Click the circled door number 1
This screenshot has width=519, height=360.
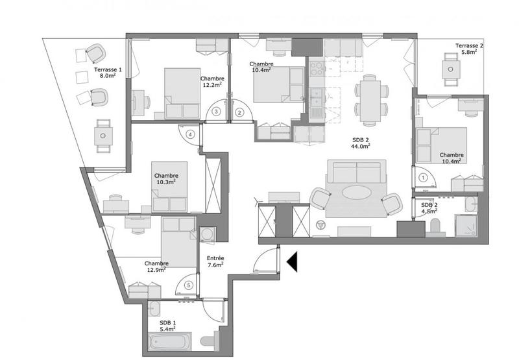point(423,176)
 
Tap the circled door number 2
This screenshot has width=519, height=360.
point(239,112)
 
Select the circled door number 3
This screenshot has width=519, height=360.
point(216,112)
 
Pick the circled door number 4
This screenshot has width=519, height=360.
point(190,134)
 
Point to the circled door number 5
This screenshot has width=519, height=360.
point(188,284)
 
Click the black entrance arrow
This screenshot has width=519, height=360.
point(292,261)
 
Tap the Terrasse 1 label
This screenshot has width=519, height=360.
point(108,72)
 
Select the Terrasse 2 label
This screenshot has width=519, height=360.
point(468,49)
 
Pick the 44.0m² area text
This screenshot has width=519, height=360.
point(361,147)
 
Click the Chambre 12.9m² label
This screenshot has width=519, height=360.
point(157,266)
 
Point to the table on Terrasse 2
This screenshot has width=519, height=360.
point(448,67)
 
